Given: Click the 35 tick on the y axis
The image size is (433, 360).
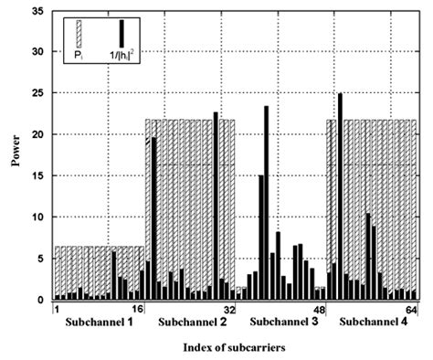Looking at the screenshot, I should pos(39,11).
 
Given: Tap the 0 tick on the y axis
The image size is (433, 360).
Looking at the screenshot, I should pos(42,300).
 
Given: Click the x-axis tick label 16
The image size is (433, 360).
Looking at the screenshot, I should pos(137,310).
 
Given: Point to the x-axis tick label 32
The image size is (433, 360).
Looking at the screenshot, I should pos(229,310).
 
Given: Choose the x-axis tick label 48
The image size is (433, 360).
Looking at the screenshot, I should pos(321,310).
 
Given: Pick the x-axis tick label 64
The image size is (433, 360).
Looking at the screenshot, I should pos(412,310).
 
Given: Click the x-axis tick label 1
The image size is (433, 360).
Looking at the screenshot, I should pos(57,310).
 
